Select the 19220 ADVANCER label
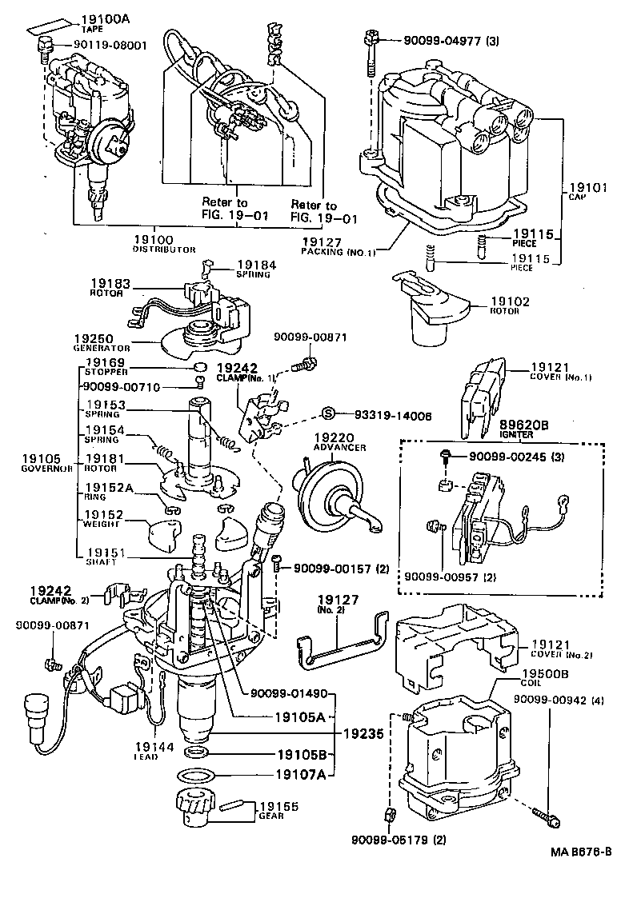(339, 442)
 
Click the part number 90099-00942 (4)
(555, 698)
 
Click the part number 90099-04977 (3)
(452, 38)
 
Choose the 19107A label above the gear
(301, 774)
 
